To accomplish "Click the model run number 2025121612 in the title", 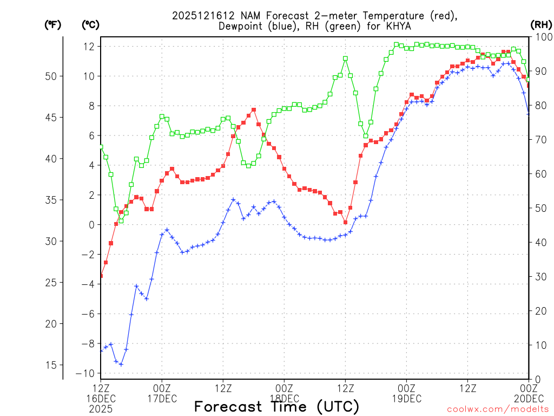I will click(197, 16).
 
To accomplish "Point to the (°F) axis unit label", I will click(52, 24).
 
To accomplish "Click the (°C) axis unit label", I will click(90, 24).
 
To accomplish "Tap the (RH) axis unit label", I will click(542, 24).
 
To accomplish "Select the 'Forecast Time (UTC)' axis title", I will click(276, 406).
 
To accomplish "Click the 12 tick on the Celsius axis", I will click(89, 47).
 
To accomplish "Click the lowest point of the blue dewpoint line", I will click(121, 364).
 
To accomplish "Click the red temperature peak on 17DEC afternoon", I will click(254, 110).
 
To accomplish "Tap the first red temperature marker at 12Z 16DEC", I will click(101, 276).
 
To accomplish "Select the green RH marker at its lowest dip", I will click(121, 220).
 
